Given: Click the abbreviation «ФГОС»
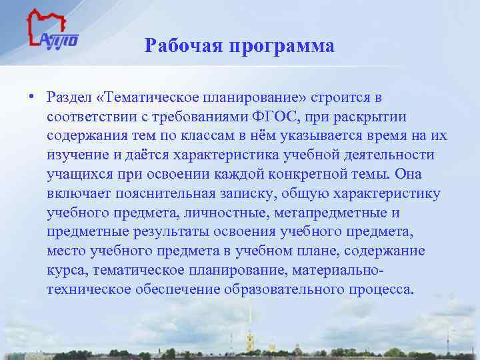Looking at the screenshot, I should coord(273,117).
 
